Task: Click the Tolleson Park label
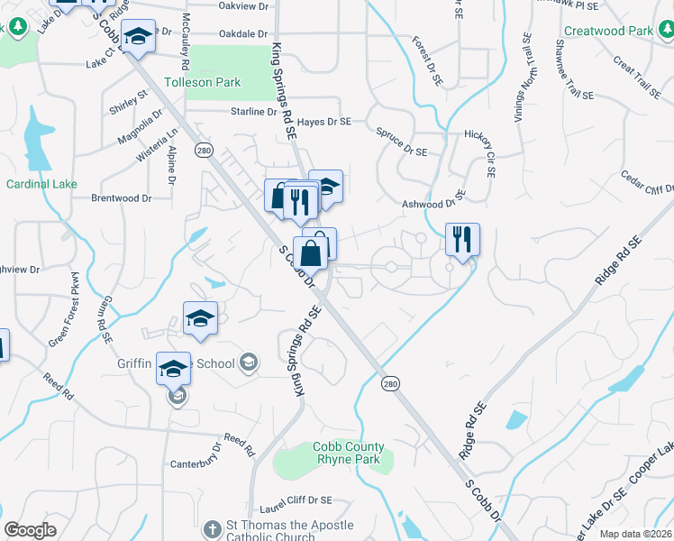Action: [x=202, y=82]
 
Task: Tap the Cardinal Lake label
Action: [x=41, y=184]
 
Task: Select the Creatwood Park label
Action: [x=607, y=31]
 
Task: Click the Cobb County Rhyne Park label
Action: [x=348, y=453]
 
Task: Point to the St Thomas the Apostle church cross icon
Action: [x=212, y=528]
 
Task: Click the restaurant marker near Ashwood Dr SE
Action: [x=462, y=240]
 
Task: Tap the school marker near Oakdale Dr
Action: [x=138, y=36]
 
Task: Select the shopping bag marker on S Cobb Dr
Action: [x=311, y=253]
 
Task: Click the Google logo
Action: [x=30, y=530]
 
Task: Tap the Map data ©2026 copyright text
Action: [x=636, y=534]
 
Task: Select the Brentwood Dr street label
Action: [x=121, y=197]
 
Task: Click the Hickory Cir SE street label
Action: [x=480, y=144]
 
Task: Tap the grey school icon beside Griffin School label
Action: [x=248, y=363]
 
